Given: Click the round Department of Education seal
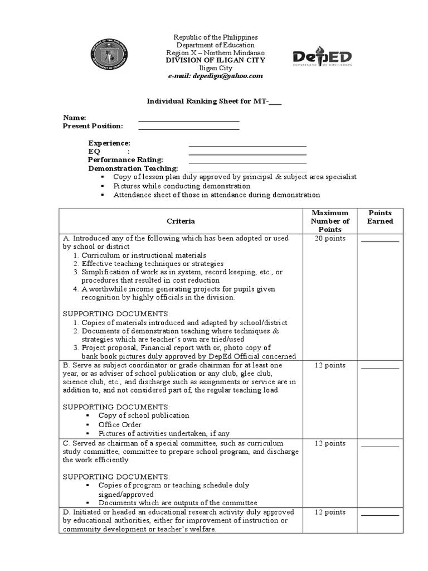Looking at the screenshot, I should (113, 56).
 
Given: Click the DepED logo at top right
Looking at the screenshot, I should (322, 57).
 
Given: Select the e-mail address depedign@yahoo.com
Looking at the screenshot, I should (215, 76).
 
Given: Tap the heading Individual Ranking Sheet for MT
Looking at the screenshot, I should (214, 101).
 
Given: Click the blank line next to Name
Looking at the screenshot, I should (189, 120).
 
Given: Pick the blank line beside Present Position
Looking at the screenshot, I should (189, 129).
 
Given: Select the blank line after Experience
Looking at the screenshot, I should (248, 146).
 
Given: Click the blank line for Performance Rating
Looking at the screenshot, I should (248, 162).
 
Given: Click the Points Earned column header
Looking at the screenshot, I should (380, 217).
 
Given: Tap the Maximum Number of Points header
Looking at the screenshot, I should (330, 221).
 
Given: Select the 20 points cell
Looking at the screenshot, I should (330, 239).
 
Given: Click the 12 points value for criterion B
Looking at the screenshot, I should (330, 366).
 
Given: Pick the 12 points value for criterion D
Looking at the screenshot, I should (330, 512).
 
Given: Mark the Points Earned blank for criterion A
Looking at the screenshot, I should (380, 241).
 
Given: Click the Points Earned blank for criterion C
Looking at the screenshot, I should (380, 446).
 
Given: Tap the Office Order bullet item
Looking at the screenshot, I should (120, 424).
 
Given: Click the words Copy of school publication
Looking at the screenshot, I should (144, 415).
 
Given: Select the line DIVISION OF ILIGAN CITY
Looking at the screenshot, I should (216, 60).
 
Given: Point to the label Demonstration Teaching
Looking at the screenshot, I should (133, 168).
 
